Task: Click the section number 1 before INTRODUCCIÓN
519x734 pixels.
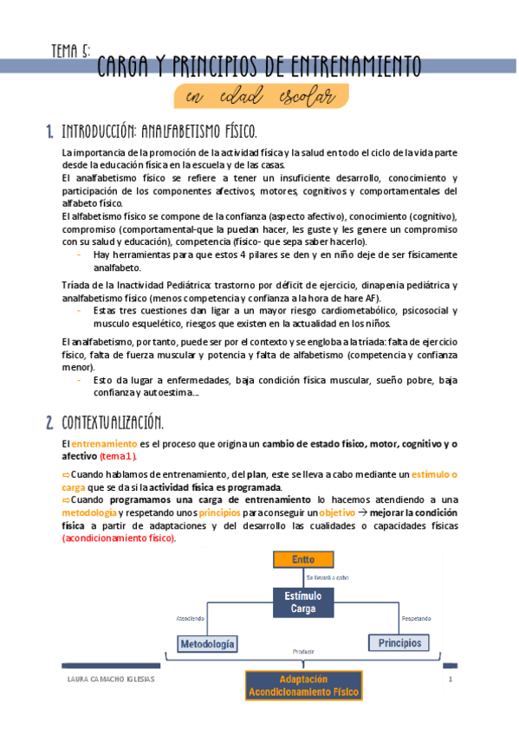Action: (49, 132)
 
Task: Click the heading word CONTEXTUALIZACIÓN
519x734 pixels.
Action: (113, 422)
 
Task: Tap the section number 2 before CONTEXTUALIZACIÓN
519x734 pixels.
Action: (50, 422)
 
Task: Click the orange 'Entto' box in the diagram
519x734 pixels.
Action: (303, 559)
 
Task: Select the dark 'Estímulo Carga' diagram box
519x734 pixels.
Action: (303, 602)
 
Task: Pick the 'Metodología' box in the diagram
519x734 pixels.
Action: (206, 644)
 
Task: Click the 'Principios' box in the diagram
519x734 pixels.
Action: (399, 643)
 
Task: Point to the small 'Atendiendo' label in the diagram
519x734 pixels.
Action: (191, 618)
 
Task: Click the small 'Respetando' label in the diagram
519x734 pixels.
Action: (416, 618)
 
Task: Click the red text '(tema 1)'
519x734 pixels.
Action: (118, 455)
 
